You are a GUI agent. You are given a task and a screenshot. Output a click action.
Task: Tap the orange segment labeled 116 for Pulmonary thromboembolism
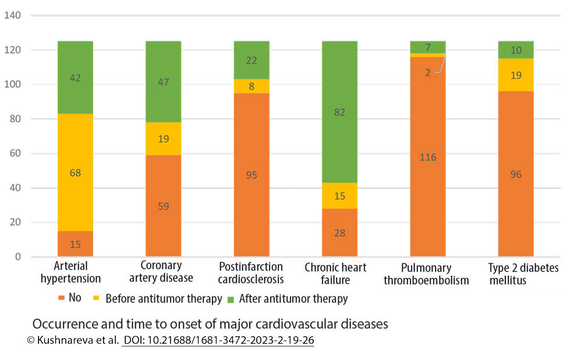pyautogui.click(x=428, y=157)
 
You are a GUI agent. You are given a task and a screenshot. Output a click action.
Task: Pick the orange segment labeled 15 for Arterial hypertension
pyautogui.click(x=75, y=244)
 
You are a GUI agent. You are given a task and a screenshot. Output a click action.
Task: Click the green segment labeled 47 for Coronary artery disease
pyautogui.click(x=163, y=82)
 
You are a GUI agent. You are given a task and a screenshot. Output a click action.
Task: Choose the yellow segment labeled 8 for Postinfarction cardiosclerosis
pyautogui.click(x=252, y=86)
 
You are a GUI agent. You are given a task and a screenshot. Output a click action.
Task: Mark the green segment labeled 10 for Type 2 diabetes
pyautogui.click(x=516, y=50)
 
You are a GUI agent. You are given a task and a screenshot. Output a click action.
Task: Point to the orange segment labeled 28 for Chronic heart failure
pyautogui.click(x=339, y=233)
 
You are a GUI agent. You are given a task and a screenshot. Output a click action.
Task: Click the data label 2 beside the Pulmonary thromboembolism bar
pyautogui.click(x=428, y=72)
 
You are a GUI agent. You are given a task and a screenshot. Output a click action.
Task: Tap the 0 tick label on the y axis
pyautogui.click(x=18, y=257)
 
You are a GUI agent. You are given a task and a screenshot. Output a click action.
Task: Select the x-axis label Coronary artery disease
pyautogui.click(x=161, y=273)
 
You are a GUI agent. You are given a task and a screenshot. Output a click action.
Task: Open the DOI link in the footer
pyautogui.click(x=218, y=340)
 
